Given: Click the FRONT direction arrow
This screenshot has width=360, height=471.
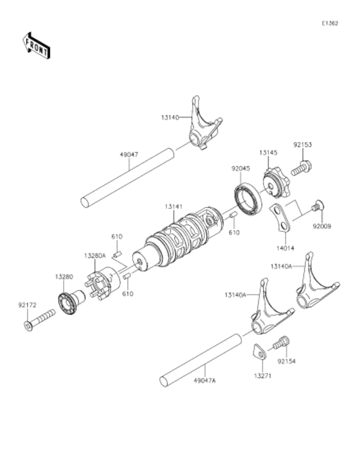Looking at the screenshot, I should pos(37,46).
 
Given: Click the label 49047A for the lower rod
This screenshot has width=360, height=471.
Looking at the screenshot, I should pos(205,380).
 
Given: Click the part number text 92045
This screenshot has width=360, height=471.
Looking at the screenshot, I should pos(240,169).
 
